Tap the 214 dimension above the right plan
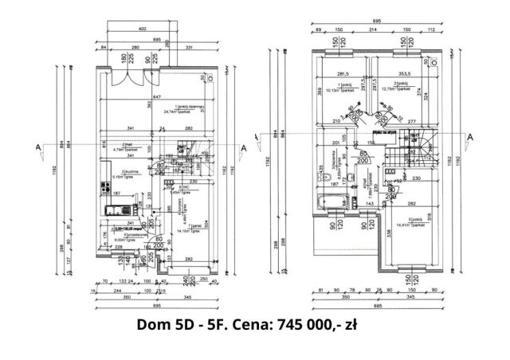[371, 29]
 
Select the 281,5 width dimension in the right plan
[343, 71]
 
